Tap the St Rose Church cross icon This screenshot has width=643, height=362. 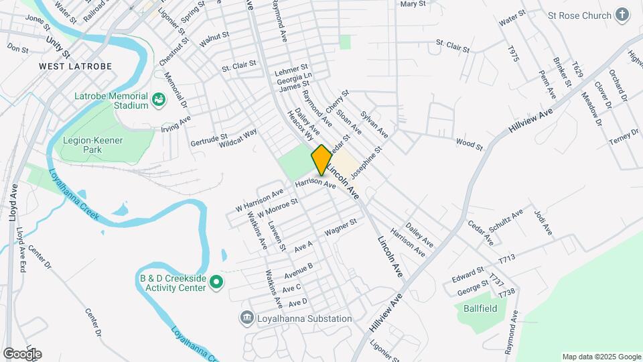623,15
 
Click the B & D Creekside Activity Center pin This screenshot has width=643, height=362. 216,282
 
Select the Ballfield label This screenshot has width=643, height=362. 480,308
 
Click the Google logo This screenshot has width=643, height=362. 21,354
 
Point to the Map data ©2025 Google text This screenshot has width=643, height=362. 601,357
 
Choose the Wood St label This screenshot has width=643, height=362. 469,142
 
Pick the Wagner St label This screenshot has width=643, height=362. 338,231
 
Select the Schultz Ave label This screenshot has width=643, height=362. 506,221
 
